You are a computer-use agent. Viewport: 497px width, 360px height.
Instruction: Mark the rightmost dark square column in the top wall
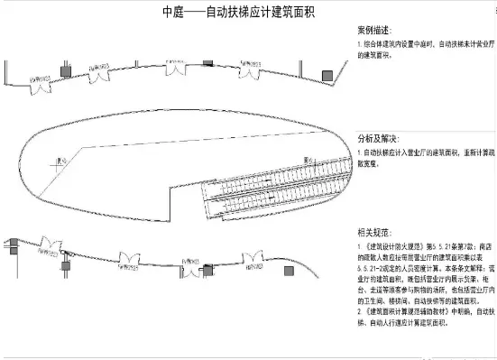tap(327, 74)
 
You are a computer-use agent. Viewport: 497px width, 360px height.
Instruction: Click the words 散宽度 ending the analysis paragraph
tap(372, 164)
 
